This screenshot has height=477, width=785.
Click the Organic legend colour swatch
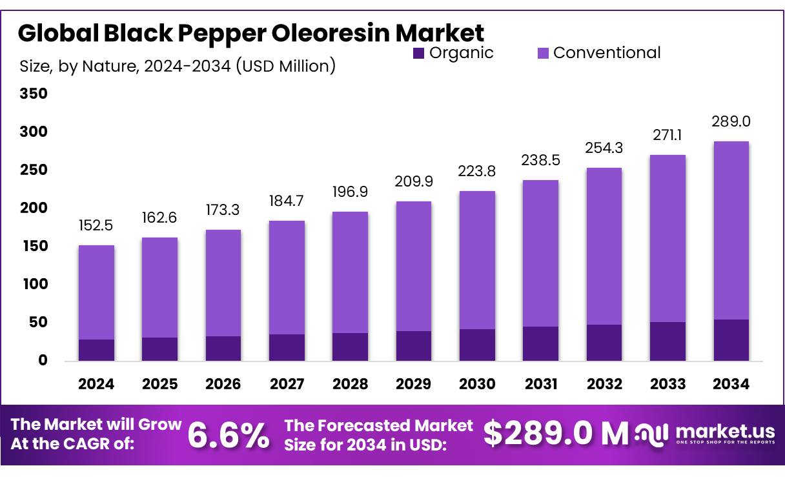pyautogui.click(x=418, y=54)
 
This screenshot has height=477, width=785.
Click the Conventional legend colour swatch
pyautogui.click(x=542, y=54)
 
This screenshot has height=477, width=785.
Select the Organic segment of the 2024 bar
pyautogui.click(x=96, y=350)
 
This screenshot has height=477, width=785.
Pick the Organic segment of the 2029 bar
pyautogui.click(x=414, y=346)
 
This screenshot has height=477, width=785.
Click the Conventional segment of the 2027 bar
pyautogui.click(x=287, y=278)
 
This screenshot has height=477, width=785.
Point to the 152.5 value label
pyautogui.click(x=96, y=226)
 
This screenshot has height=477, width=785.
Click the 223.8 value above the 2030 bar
pyautogui.click(x=477, y=172)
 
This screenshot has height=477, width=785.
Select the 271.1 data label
pyautogui.click(x=668, y=136)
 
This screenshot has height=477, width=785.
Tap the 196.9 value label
pyautogui.click(x=350, y=192)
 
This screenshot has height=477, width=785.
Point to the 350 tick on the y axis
pyautogui.click(x=34, y=94)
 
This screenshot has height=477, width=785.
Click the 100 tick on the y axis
pyautogui.click(x=34, y=284)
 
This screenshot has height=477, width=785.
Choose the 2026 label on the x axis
pyautogui.click(x=223, y=384)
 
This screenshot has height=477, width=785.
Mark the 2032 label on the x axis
pyautogui.click(x=604, y=384)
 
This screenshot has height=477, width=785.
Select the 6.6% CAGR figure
pyautogui.click(x=229, y=436)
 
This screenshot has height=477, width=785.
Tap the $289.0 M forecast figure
pyautogui.click(x=556, y=434)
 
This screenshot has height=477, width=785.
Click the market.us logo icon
pyautogui.click(x=651, y=434)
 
